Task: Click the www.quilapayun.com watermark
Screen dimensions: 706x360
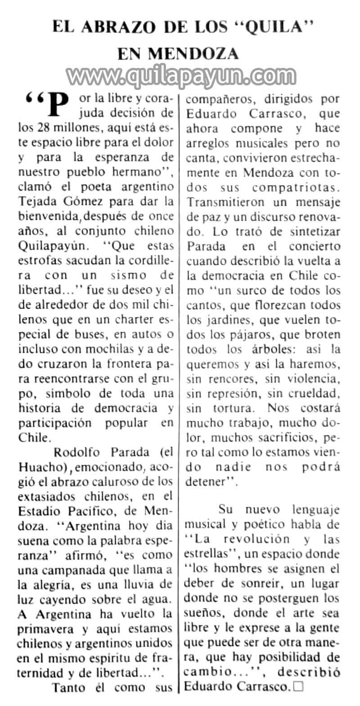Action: pyautogui.click(x=181, y=76)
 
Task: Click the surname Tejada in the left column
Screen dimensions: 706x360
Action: pyautogui.click(x=36, y=201)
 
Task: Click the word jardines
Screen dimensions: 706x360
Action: pyautogui.click(x=233, y=320)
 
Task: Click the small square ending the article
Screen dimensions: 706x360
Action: pyautogui.click(x=298, y=687)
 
